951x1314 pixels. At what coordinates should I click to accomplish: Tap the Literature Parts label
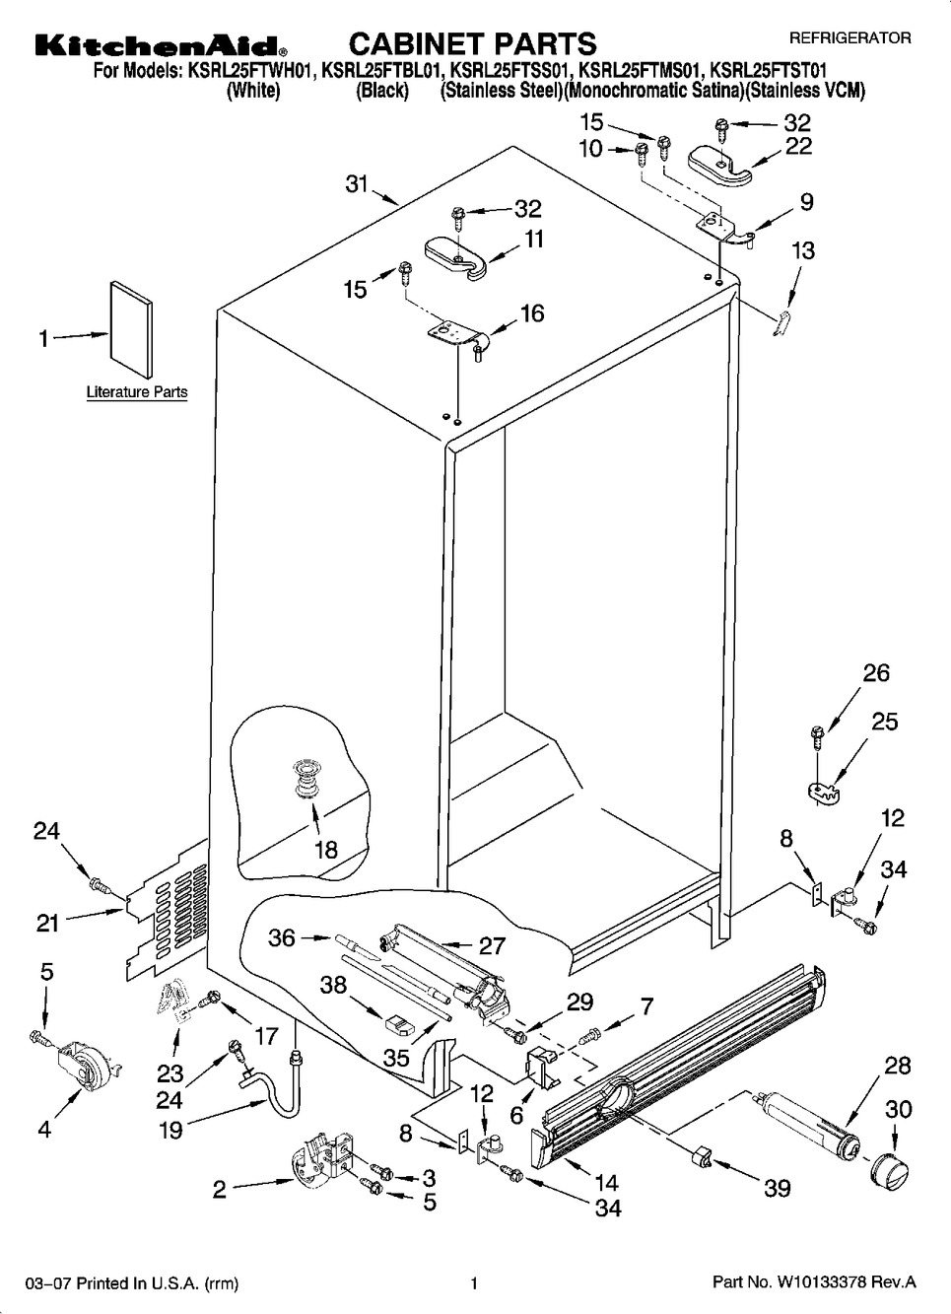[137, 392]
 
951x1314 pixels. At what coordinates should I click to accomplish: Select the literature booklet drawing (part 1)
[131, 329]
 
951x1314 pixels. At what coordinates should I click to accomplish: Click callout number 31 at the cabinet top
[356, 183]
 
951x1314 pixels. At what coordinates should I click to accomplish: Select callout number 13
[803, 250]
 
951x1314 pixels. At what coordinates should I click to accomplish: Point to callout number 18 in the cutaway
[325, 850]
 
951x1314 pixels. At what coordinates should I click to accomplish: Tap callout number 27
[491, 946]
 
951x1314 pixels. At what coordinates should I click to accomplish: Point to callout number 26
[875, 673]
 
